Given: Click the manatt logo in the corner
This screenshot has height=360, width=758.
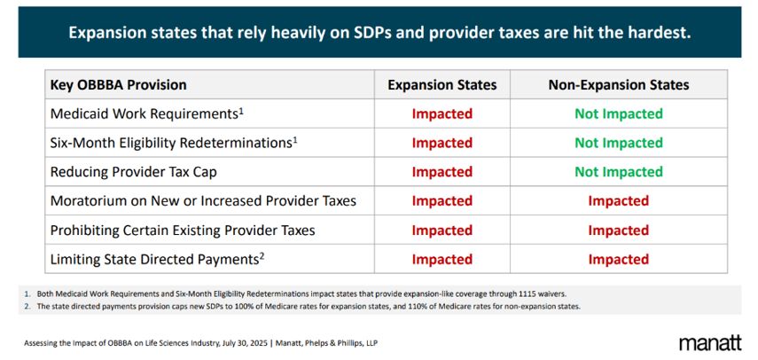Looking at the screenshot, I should click(x=710, y=343).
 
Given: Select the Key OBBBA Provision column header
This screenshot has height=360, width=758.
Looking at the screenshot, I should click(x=119, y=85).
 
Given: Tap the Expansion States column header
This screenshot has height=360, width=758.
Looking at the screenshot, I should click(x=442, y=85).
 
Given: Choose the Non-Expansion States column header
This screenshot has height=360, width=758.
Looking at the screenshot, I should click(x=618, y=85).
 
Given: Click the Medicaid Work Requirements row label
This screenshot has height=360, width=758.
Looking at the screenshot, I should click(x=146, y=113).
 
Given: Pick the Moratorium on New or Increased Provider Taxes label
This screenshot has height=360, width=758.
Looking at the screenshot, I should click(x=203, y=201).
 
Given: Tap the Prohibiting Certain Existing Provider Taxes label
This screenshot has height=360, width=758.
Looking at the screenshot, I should click(x=183, y=231).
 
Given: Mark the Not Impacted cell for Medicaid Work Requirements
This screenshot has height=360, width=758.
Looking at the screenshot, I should click(x=618, y=113).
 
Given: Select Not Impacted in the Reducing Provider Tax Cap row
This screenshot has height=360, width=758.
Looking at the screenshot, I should click(x=618, y=172).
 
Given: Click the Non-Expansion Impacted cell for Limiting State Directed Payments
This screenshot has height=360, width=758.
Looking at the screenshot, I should click(x=618, y=260).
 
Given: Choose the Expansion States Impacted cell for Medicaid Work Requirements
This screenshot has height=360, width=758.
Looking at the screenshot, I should click(x=442, y=113).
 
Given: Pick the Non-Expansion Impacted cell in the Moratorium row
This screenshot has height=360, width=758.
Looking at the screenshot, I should click(x=618, y=201).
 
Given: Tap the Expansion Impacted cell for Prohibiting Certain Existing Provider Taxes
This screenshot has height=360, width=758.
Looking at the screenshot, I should click(x=442, y=231).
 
